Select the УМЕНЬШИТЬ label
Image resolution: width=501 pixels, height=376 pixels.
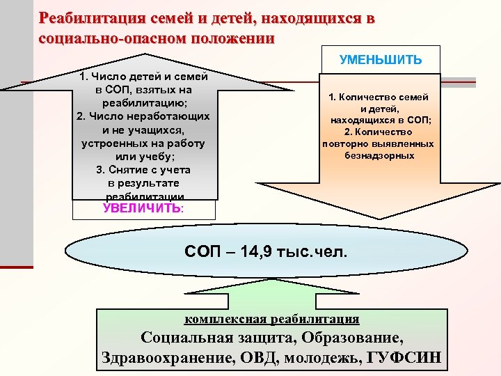click(x=380, y=59)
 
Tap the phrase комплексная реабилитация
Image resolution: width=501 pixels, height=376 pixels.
click(x=271, y=320)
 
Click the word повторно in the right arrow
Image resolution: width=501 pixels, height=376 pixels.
click(x=344, y=143)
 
